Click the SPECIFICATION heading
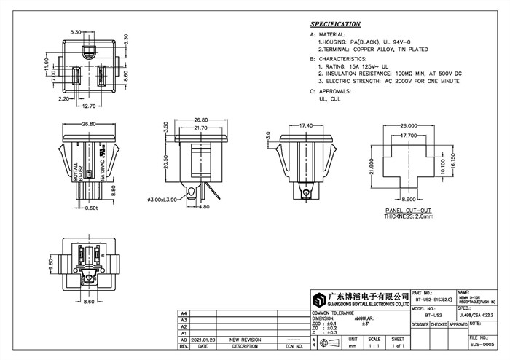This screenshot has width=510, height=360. (x=336, y=24)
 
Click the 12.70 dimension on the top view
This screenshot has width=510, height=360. (x=88, y=106)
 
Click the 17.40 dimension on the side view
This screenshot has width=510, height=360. (x=307, y=125)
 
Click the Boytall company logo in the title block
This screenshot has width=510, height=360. (x=319, y=299)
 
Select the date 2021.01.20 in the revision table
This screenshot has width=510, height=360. (x=203, y=340)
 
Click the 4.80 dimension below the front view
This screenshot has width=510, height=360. (x=205, y=206)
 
